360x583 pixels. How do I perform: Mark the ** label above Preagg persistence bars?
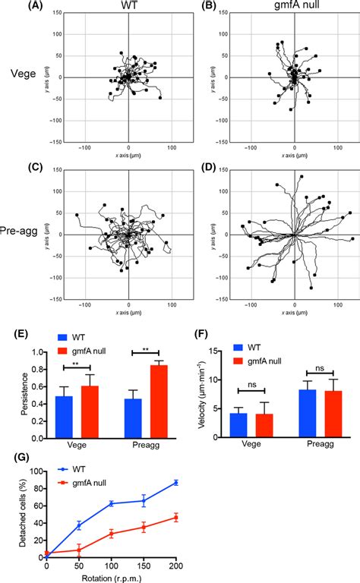139,351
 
